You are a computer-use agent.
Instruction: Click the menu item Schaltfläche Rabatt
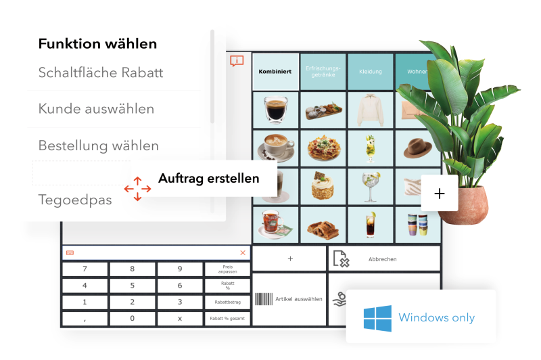101,72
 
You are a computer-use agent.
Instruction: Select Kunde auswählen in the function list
96,109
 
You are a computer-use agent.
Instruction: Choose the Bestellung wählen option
99,145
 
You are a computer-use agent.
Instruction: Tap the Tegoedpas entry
75,200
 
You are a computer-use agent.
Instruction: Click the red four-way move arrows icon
137,189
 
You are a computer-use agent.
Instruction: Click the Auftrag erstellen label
208,179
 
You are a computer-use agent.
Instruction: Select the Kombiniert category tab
275,72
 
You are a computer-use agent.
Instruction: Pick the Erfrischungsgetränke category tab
323,72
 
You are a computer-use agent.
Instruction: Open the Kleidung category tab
370,72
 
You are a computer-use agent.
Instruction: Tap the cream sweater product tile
370,109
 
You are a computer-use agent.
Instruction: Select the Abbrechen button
383,259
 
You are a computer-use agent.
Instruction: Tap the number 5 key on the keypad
132,286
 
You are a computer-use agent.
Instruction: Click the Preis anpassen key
227,269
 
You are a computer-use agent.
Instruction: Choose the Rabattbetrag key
227,302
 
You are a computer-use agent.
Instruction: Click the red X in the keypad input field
243,252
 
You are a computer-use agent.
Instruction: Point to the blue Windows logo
378,317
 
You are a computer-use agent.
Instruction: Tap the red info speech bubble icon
236,61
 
